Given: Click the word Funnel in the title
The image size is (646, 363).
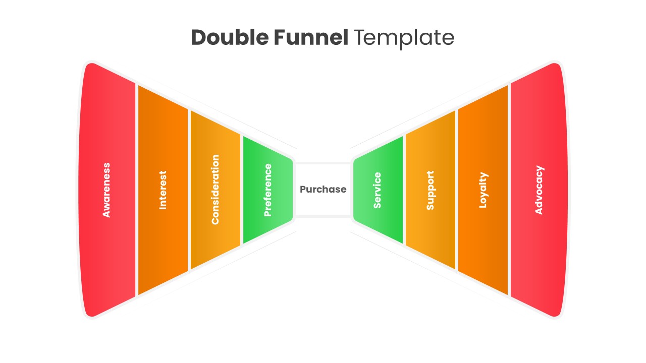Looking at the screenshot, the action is (x=311, y=38).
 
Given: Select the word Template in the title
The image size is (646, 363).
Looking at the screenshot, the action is (x=404, y=38).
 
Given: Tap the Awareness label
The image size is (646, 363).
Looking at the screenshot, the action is (x=106, y=190).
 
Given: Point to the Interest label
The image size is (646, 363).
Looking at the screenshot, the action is (x=163, y=190).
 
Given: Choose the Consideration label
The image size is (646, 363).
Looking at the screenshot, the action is (x=216, y=190).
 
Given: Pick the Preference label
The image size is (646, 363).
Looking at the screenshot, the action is (x=268, y=190).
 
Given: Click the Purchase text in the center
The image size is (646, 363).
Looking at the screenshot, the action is (x=323, y=190).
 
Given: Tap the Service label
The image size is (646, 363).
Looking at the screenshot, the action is (x=378, y=190).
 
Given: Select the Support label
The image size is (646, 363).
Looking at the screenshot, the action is (x=430, y=190).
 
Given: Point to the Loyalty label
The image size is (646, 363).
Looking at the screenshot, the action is (x=483, y=190).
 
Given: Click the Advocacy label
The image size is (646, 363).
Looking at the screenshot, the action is (x=539, y=190).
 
